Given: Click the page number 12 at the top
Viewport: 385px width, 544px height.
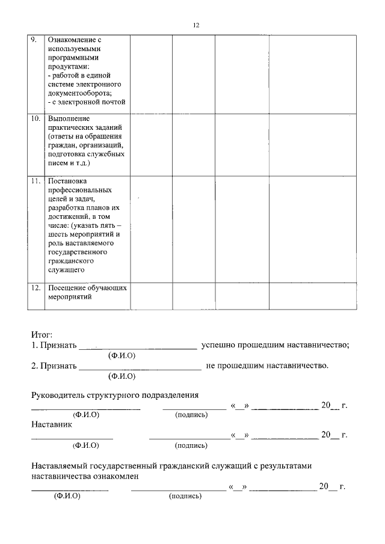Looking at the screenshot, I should coord(196,25).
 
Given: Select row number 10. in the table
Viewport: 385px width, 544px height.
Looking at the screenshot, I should coord(35,118).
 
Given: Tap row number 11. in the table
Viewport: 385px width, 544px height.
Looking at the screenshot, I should coord(35,180).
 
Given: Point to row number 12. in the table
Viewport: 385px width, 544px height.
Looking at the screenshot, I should coord(35,288).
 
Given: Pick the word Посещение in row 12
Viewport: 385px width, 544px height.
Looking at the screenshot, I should coord(65,288).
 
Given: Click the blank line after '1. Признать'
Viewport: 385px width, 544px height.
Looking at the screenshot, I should coord(138,347).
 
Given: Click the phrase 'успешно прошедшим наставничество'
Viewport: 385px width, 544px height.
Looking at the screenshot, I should coord(274,346).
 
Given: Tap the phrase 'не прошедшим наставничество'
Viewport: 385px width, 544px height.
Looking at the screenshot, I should coord(267,365).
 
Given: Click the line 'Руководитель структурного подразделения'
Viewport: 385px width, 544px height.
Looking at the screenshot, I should coord(114,395).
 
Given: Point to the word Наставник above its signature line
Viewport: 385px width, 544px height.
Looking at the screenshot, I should coord(51,424).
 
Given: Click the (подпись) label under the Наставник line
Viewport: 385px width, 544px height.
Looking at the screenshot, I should coord(191,445).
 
